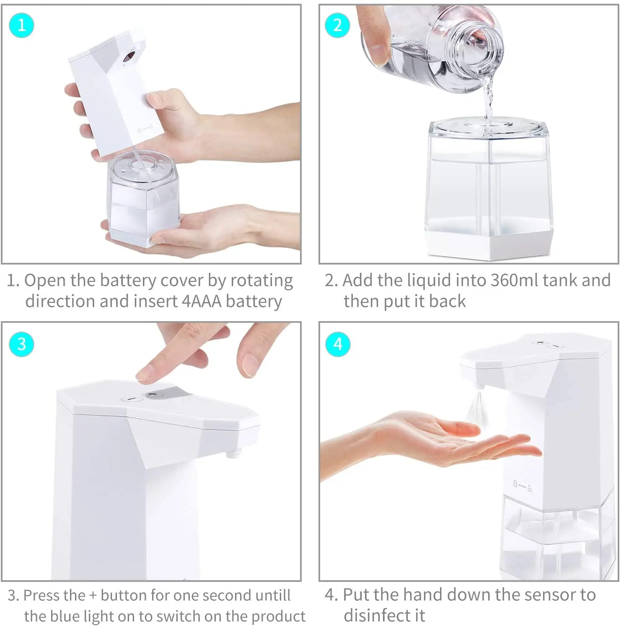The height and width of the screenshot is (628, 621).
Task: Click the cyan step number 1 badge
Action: pos(21,25)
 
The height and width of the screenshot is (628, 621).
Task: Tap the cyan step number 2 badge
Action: pos(337,25)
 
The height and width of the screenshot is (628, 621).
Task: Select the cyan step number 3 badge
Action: pos(21,344)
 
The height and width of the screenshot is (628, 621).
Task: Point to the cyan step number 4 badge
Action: pos(338,344)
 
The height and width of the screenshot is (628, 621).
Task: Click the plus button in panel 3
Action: pos(153,394)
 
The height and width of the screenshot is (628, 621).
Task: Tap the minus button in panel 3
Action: pos(132,399)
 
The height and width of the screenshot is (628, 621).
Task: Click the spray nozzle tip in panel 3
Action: pos(233,453)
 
